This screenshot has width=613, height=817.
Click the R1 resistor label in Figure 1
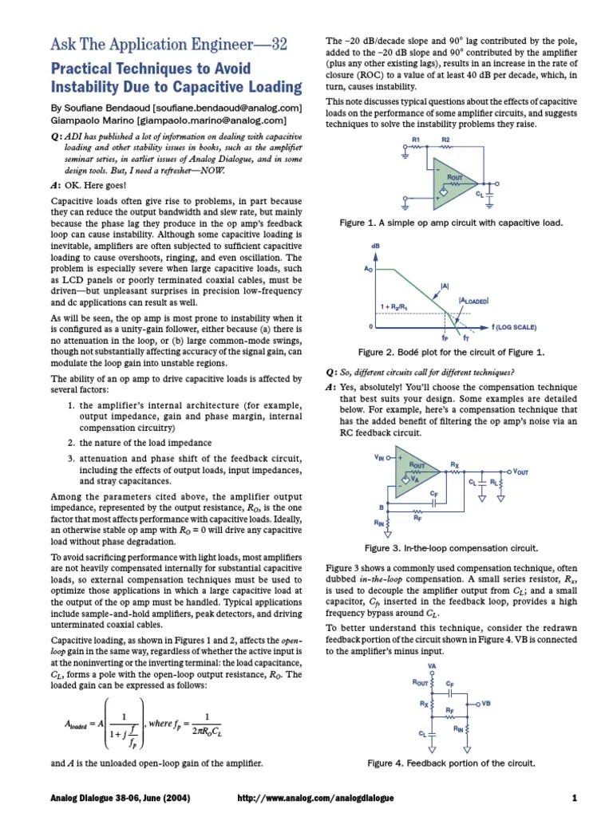click(416, 140)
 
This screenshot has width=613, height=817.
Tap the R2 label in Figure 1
click(446, 140)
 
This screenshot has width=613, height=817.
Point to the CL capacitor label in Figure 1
click(479, 194)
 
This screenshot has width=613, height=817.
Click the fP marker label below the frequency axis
click(444, 338)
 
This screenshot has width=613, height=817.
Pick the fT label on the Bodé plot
click(466, 339)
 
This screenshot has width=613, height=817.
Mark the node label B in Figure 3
click(381, 507)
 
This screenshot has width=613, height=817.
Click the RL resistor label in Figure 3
click(494, 483)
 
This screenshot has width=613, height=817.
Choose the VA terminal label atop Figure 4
click(432, 665)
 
